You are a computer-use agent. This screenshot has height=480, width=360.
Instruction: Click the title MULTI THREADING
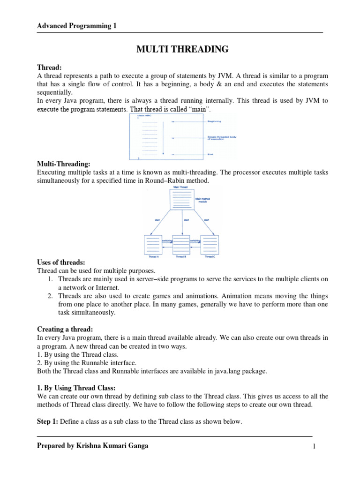(182, 49)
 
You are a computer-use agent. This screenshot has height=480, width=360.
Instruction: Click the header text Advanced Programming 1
(77, 26)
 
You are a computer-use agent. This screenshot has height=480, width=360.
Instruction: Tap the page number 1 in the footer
(315, 447)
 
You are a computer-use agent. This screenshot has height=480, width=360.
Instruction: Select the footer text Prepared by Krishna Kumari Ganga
(92, 446)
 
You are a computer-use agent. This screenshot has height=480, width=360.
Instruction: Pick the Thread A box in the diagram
(153, 245)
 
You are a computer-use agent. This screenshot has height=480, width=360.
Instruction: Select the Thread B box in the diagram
(181, 245)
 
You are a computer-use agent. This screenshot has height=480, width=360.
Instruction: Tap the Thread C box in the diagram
(209, 245)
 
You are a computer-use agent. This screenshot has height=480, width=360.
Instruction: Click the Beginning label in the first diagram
(214, 121)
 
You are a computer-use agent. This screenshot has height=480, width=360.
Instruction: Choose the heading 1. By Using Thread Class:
(76, 388)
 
